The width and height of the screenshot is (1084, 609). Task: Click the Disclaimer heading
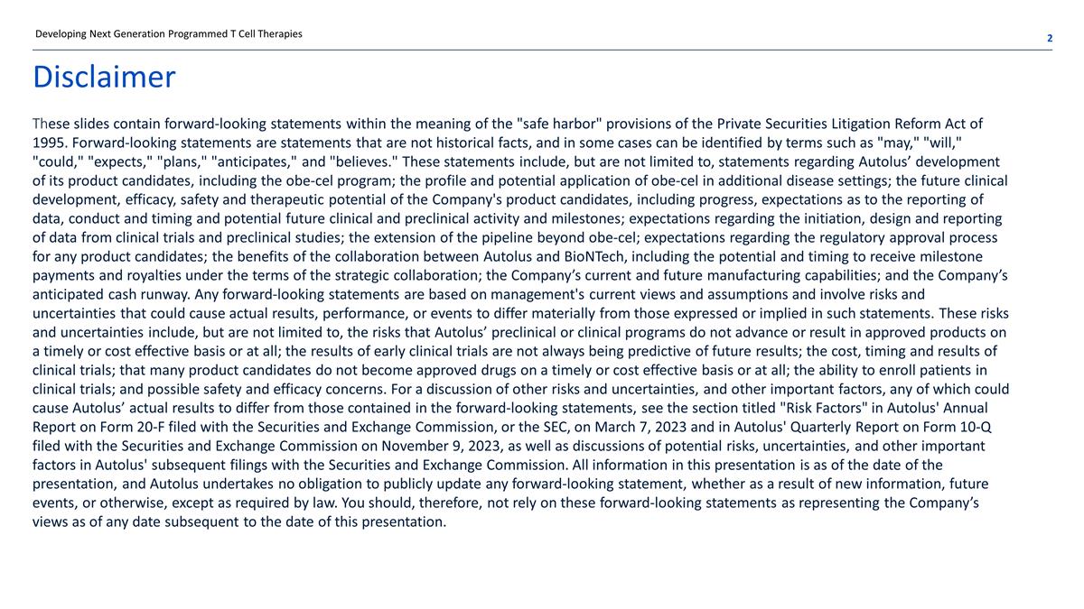pyautogui.click(x=104, y=78)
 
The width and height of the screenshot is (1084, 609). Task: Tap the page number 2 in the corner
pyautogui.click(x=1050, y=38)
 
